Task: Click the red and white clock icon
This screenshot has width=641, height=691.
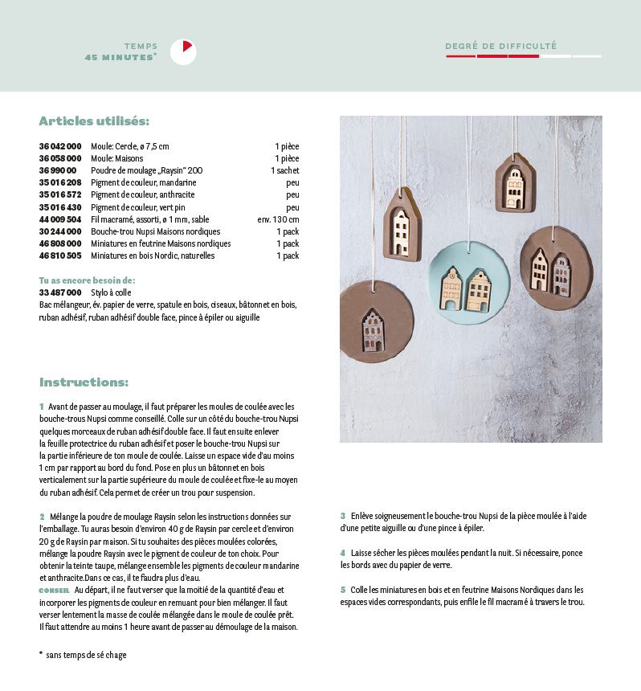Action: (x=183, y=51)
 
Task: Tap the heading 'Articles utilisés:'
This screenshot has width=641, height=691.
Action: (x=94, y=121)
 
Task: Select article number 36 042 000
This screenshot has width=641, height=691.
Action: (x=60, y=146)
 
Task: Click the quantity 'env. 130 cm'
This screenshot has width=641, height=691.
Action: (x=278, y=219)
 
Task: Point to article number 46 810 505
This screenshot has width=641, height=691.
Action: (x=60, y=256)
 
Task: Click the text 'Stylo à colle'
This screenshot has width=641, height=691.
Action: (x=111, y=292)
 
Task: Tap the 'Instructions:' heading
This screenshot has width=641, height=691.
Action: (x=84, y=382)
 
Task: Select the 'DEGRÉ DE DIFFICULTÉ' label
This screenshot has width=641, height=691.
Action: (x=500, y=47)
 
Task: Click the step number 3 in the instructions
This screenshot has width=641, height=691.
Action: (x=343, y=516)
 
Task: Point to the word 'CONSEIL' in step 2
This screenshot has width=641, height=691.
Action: (x=54, y=590)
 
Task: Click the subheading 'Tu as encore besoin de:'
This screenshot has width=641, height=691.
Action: (x=87, y=280)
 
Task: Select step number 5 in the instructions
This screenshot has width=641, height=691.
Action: (x=343, y=590)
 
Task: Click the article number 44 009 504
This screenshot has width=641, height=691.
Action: (x=60, y=219)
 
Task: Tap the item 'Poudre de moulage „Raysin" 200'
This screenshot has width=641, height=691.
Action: (x=146, y=170)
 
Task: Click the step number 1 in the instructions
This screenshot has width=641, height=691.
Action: (x=42, y=407)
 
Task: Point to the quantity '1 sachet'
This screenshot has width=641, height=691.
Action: (x=284, y=170)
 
